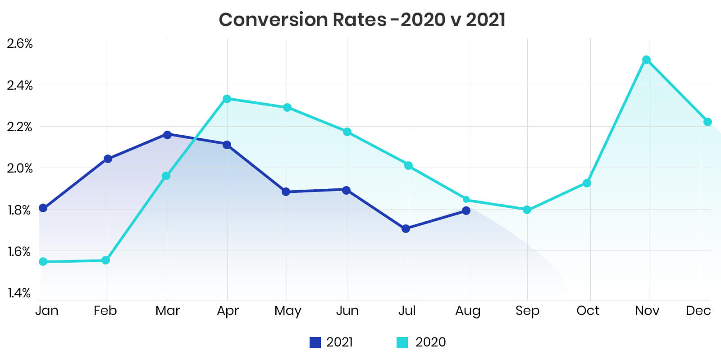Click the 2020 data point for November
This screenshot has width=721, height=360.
[x=646, y=60]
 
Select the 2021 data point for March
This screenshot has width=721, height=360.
[x=167, y=135]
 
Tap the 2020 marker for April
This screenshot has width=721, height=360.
[x=227, y=99]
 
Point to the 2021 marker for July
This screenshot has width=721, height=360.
[x=406, y=229]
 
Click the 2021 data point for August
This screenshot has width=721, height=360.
[x=466, y=210]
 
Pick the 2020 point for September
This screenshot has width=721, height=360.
[x=527, y=210]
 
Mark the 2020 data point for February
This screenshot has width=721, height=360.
[x=106, y=260]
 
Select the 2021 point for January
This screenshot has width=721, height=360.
[x=43, y=208]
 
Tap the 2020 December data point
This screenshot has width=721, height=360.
[x=707, y=122]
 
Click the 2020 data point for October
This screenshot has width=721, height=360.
[x=587, y=183]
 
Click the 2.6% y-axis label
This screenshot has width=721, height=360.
[x=20, y=44]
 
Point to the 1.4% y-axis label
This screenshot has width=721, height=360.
[x=19, y=293]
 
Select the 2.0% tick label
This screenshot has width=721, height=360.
[x=20, y=169]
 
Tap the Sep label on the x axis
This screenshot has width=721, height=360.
[x=527, y=311]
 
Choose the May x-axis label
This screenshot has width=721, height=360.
[x=287, y=311]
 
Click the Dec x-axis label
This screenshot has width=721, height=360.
[x=698, y=311]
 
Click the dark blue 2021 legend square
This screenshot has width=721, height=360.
[x=315, y=342]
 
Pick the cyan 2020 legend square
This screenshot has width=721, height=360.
[x=402, y=342]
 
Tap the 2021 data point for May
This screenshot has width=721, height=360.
[x=286, y=191]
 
